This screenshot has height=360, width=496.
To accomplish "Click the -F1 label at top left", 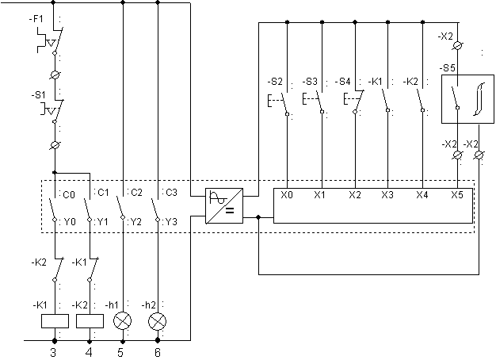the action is click(36, 19).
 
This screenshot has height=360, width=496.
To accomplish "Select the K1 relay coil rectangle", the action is click(55, 321).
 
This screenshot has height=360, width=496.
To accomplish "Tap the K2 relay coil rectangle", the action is click(90, 321).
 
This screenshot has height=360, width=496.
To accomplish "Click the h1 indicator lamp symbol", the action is click(123, 321).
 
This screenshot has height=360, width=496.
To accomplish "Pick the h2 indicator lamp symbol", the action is click(158, 321).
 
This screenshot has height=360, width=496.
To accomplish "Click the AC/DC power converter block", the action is click(224, 206).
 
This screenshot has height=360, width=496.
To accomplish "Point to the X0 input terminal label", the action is click(287, 195).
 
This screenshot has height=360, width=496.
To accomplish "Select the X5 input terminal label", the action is click(457, 195).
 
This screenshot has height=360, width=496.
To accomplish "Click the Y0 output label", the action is click(70, 222).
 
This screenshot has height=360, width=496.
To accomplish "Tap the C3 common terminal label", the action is click(171, 193).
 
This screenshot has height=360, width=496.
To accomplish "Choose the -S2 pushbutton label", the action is click(275, 82).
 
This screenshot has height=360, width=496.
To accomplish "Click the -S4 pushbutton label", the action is click(342, 82).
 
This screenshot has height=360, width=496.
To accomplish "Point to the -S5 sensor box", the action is click(467, 99).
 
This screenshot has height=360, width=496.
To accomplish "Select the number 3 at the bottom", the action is click(53, 352).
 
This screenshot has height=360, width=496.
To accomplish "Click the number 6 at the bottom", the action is click(158, 352).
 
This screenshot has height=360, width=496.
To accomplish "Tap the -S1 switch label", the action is click(38, 95).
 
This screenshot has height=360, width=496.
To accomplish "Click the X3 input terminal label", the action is click(387, 195).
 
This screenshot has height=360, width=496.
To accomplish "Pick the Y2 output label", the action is click(136, 222).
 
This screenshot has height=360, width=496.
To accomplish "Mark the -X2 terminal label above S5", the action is click(445, 36).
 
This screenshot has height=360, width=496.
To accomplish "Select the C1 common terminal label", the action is click(103, 193).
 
